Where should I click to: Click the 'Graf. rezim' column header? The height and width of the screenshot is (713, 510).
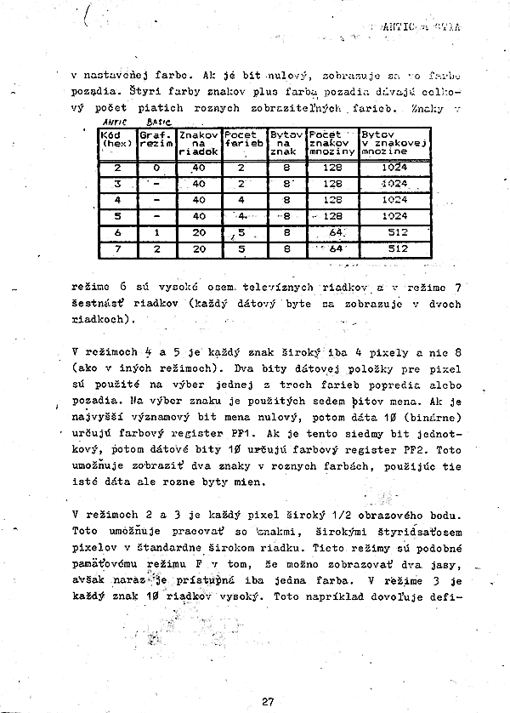156,140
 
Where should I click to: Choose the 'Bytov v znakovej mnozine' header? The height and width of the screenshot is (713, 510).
393,140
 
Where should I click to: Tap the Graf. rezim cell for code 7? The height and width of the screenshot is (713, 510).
156,248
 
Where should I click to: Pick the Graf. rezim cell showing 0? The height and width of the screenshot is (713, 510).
156,168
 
